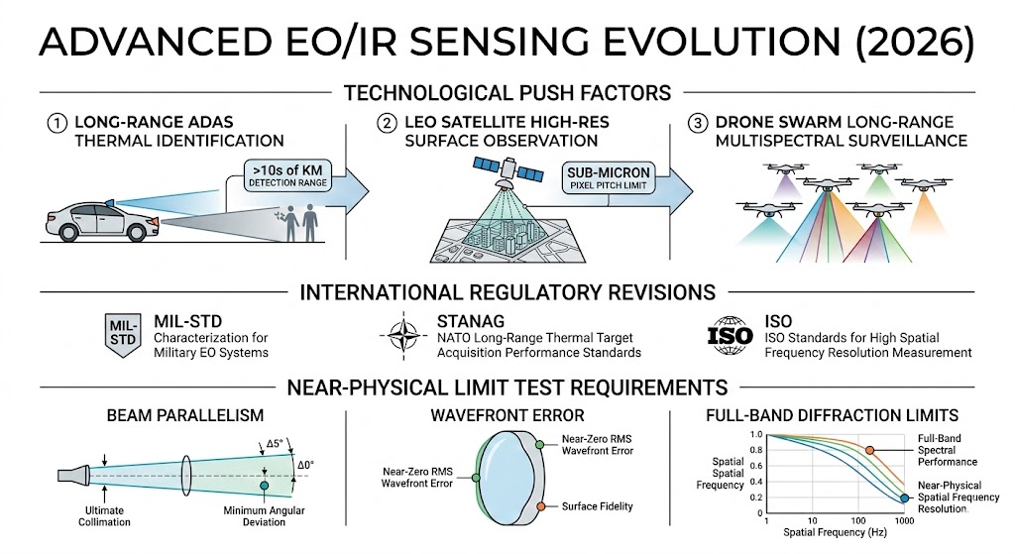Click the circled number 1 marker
[56, 124]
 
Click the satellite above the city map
[507, 177]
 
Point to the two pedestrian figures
[302, 223]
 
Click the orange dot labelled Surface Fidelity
[540, 506]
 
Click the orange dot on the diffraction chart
[869, 450]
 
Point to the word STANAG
[474, 322]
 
